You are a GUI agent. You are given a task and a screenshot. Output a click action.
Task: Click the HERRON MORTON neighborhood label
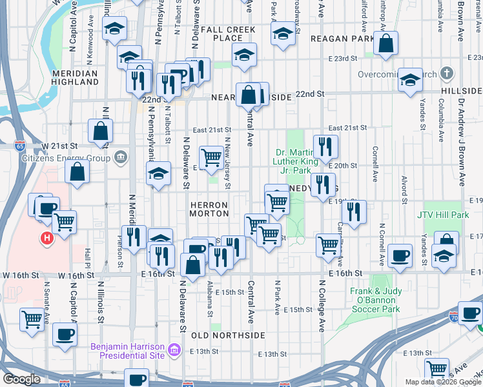coord(209,208)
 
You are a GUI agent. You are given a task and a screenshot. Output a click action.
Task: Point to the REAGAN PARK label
coord(342,39)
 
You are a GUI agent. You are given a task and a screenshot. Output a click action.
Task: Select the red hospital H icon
coord(46,239)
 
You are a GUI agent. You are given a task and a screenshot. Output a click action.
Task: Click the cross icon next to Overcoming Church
coord(446,73)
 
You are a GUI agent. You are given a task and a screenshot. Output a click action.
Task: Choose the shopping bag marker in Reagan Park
coord(385,44)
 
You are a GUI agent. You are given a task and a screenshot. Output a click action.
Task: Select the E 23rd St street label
coord(342,59)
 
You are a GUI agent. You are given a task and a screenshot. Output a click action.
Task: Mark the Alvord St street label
coord(404,186)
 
